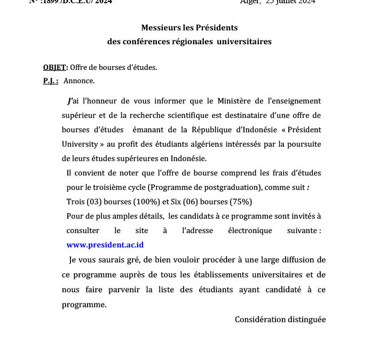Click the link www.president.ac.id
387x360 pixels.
click(x=105, y=245)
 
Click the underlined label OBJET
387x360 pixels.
click(x=54, y=67)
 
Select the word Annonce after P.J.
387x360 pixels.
click(x=79, y=81)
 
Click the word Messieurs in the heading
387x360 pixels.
click(x=160, y=27)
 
